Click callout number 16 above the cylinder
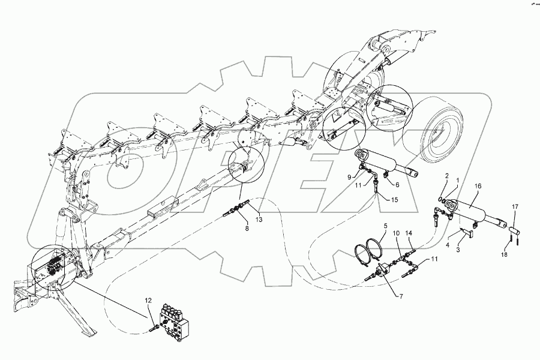click(x=478, y=187)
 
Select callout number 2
click(x=446, y=176)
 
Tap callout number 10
click(x=395, y=232)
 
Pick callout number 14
click(x=409, y=232)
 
